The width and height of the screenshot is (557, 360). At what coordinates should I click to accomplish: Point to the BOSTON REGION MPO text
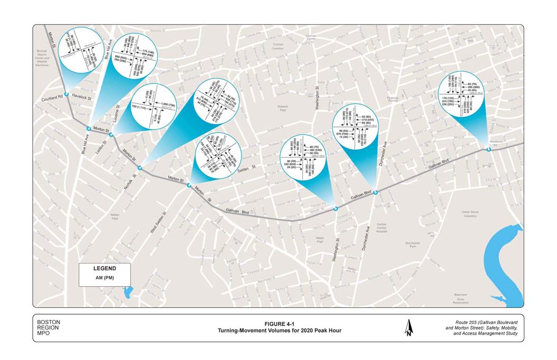pos(49,327)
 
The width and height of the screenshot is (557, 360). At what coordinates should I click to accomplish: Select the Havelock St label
pos(82,98)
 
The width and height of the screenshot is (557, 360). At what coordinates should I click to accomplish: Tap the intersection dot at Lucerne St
pos(111,135)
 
